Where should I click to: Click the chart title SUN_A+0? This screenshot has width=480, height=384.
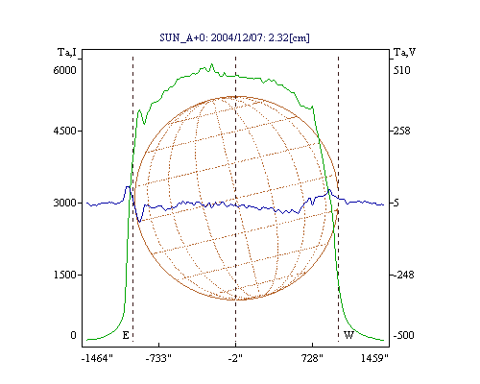pos(182,37)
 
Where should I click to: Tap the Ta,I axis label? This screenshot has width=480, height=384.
pos(67,52)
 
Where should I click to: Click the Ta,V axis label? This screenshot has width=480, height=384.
pos(404,52)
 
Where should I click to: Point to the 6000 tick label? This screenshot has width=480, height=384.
pos(65,70)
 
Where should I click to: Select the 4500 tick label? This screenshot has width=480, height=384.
pos(65,131)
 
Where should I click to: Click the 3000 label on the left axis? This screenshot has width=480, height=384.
pos(65,203)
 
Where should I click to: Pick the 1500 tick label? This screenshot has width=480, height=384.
pos(65,275)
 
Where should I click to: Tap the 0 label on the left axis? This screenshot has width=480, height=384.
pos(73,335)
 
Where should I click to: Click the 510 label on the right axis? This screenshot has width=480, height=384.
pos(402,70)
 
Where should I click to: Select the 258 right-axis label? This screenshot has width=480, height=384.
pos(402,131)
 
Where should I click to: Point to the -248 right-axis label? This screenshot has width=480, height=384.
pos(404,275)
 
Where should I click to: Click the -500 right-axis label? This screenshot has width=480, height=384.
pos(404,335)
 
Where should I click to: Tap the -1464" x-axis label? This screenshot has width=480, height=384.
pos(97,358)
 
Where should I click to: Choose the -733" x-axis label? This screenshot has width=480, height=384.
pos(158,358)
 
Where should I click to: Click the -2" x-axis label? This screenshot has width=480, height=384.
pos(235,358)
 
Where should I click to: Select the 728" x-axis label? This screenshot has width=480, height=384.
pos(312,358)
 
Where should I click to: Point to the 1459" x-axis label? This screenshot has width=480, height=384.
pos(374,358)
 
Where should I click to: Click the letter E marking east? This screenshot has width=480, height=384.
pos(126,335)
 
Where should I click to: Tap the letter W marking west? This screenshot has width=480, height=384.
pos(348,335)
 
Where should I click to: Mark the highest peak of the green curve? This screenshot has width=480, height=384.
pos(211,64)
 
